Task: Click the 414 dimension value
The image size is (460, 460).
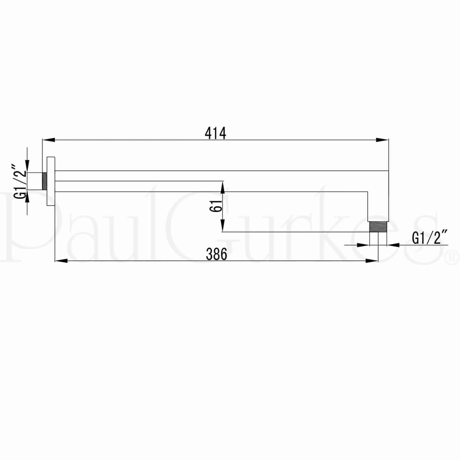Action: (216, 133)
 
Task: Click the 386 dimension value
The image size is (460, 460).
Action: (217, 254)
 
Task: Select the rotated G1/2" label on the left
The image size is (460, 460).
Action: (21, 182)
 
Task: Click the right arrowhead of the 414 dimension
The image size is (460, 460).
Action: (382, 140)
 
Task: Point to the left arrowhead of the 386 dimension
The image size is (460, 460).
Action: (61, 261)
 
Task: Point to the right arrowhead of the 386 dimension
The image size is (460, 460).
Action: (372, 261)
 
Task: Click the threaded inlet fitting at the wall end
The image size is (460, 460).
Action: (44, 181)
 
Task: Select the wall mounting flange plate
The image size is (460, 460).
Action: (51, 181)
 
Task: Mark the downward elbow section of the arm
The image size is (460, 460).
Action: (378, 205)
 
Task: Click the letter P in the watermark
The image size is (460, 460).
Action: (18, 227)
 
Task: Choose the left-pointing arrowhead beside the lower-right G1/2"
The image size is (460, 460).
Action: (393, 245)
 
